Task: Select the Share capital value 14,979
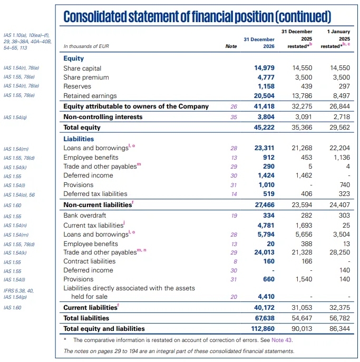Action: (265, 69)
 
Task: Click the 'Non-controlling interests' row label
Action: (103, 117)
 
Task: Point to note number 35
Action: (233, 117)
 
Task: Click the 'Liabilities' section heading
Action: (79, 139)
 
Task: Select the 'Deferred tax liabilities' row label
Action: (95, 194)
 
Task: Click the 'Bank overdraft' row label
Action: (85, 216)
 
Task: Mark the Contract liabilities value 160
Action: (269, 261)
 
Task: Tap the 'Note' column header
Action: (231, 46)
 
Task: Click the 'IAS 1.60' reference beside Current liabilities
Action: (12, 307)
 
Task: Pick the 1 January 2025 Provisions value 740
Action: (344, 185)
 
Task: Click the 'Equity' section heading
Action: (74, 59)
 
